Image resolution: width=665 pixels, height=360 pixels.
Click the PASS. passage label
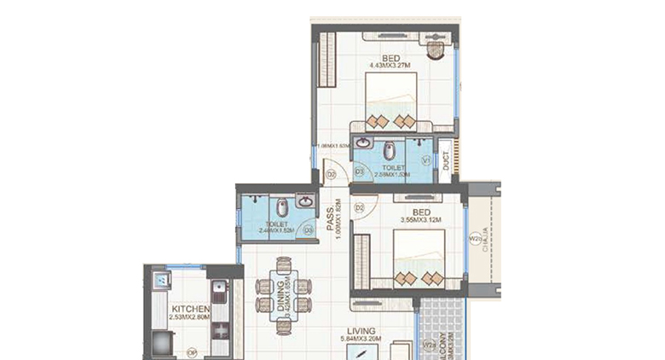click(328, 224)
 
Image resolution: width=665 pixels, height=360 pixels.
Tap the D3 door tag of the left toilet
click(308, 229)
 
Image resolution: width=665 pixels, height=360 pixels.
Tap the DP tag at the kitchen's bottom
click(191, 350)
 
